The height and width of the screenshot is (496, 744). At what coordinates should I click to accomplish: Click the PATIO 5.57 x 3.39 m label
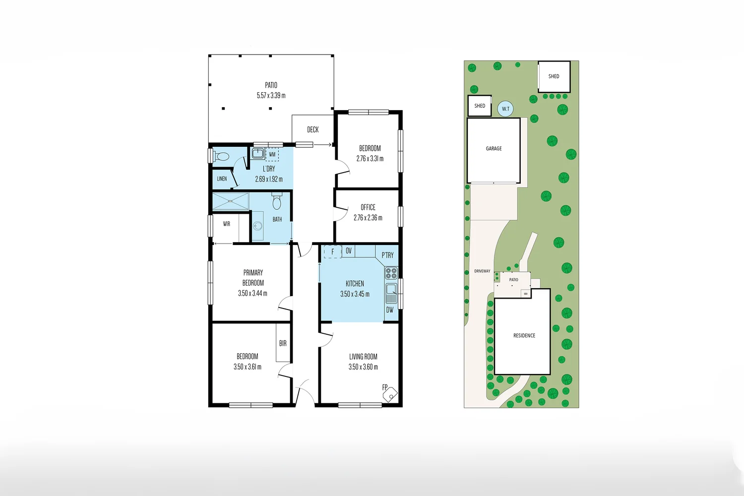coord(271,90)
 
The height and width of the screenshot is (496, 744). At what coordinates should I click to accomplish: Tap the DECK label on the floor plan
coord(312,129)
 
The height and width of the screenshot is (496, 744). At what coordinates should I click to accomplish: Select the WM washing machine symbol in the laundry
coord(272,154)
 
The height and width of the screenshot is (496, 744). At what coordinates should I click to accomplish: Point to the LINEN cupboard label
coord(222,179)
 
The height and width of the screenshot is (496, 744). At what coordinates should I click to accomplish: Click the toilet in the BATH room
coord(277,202)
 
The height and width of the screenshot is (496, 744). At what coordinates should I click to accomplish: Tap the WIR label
coord(226,224)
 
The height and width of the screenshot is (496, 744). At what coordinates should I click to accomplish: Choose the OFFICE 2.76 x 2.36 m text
coord(368,212)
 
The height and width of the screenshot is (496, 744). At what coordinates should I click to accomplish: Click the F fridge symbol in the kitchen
coord(332,252)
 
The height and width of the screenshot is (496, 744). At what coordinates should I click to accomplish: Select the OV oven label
coord(348,251)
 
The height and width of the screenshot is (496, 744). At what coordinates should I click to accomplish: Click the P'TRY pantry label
coord(387,255)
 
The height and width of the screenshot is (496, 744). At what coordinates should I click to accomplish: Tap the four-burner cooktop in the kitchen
coord(391,273)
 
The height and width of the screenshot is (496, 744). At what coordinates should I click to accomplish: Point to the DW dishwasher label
coord(389,310)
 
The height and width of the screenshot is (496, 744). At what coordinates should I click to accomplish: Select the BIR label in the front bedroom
coord(283,343)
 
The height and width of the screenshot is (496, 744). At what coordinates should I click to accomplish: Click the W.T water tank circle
coord(505,109)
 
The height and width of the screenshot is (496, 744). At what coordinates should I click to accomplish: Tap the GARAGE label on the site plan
coord(494,148)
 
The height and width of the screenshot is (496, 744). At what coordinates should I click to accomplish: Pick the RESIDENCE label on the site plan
coord(524,336)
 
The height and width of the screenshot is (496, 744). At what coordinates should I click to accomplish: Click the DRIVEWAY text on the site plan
coord(482,271)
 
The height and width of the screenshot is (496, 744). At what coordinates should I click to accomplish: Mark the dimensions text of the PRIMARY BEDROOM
coord(252,293)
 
